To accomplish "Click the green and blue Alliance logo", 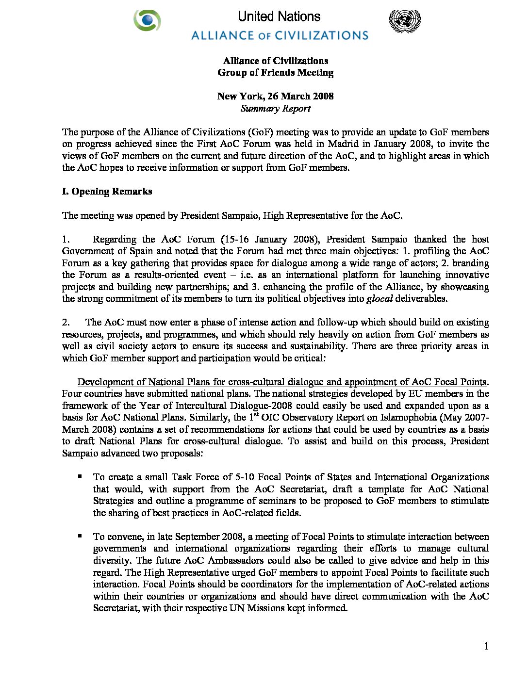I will click(147, 21).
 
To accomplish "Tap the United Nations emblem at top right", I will click(405, 21).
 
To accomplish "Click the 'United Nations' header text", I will click(279, 16).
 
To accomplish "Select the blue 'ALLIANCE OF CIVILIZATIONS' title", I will click(280, 35).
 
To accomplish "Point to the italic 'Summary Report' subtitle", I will click(276, 109).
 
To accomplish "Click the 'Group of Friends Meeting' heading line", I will click(276, 73).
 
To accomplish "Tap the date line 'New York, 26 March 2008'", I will click(276, 96).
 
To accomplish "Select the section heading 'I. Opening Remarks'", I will click(107, 192).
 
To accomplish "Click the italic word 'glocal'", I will click(379, 299).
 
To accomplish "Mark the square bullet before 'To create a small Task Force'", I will click(80, 477).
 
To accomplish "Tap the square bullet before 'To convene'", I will click(80, 536).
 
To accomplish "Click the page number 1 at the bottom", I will click(486, 646).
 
